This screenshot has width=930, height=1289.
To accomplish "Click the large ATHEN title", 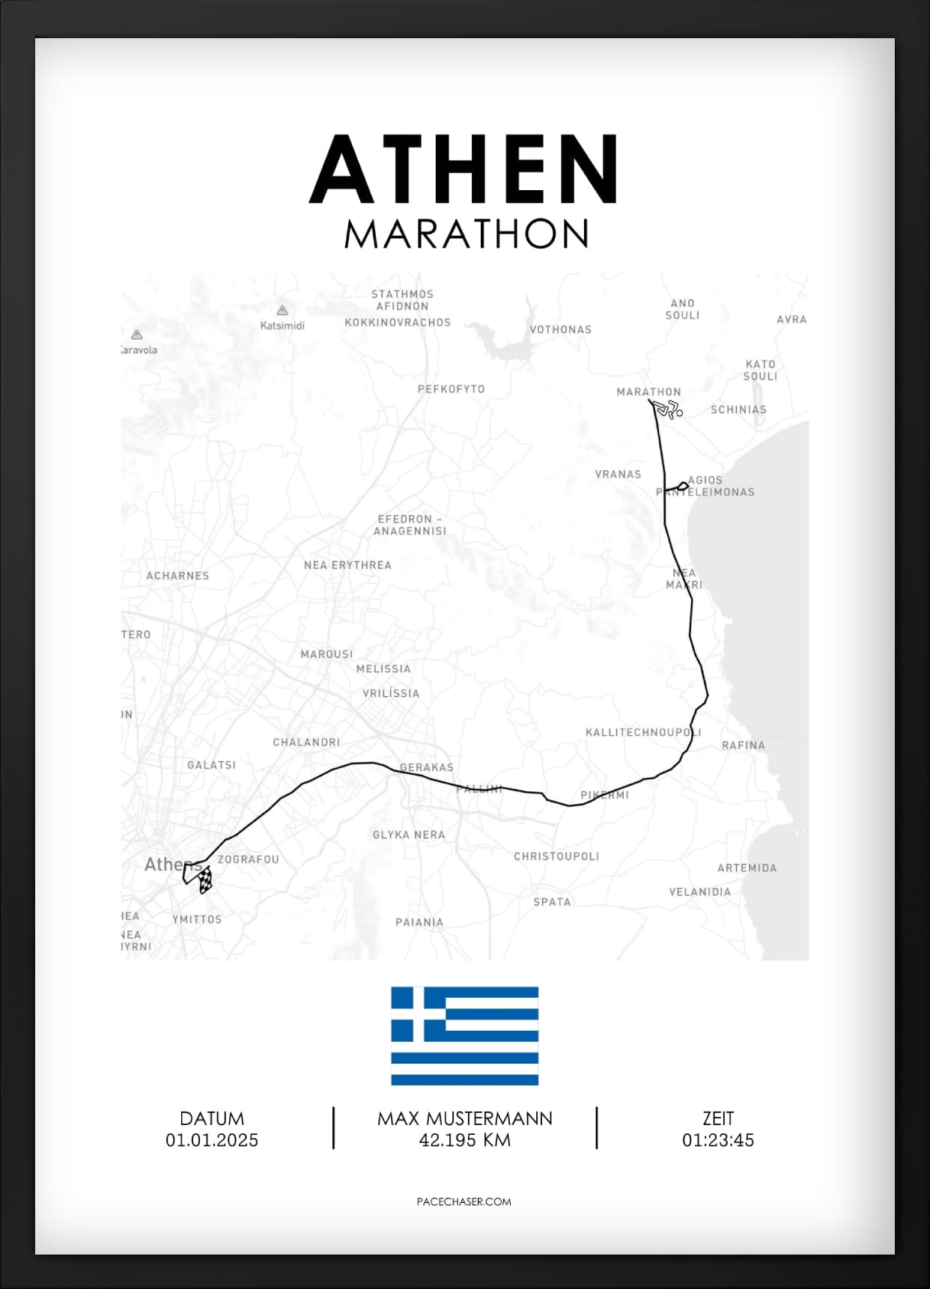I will point(464,169).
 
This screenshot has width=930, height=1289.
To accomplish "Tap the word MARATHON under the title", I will point(466,234).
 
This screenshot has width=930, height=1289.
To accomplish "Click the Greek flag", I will point(464,1036).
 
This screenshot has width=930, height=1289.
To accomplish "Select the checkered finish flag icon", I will point(204,880).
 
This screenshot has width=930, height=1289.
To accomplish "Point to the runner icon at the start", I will point(667,409).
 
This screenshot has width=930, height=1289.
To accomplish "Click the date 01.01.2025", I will point(212,1140).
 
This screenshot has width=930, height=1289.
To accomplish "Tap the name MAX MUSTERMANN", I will point(464,1118).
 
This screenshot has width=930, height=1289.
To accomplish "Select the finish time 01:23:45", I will point(717,1140).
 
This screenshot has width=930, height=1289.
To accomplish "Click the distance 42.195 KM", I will point(464,1140).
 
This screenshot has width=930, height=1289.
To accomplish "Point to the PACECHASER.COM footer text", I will point(464,1201).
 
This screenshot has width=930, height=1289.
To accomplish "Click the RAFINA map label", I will point(743,746).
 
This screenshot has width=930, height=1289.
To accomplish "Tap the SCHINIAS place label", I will point(738,409).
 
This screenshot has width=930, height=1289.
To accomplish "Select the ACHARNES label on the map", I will point(177,576).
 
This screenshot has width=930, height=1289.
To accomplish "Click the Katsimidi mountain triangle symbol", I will point(282,311).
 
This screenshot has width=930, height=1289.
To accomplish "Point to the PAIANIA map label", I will point(419,922).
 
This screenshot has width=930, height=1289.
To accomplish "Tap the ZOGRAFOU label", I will point(248,859).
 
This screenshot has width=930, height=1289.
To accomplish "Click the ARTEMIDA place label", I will point(747,868).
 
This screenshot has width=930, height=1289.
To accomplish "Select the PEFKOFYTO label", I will point(451,389).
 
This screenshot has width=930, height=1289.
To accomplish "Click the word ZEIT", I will point(717,1118).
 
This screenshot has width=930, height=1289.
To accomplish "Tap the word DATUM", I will point(212,1118).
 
